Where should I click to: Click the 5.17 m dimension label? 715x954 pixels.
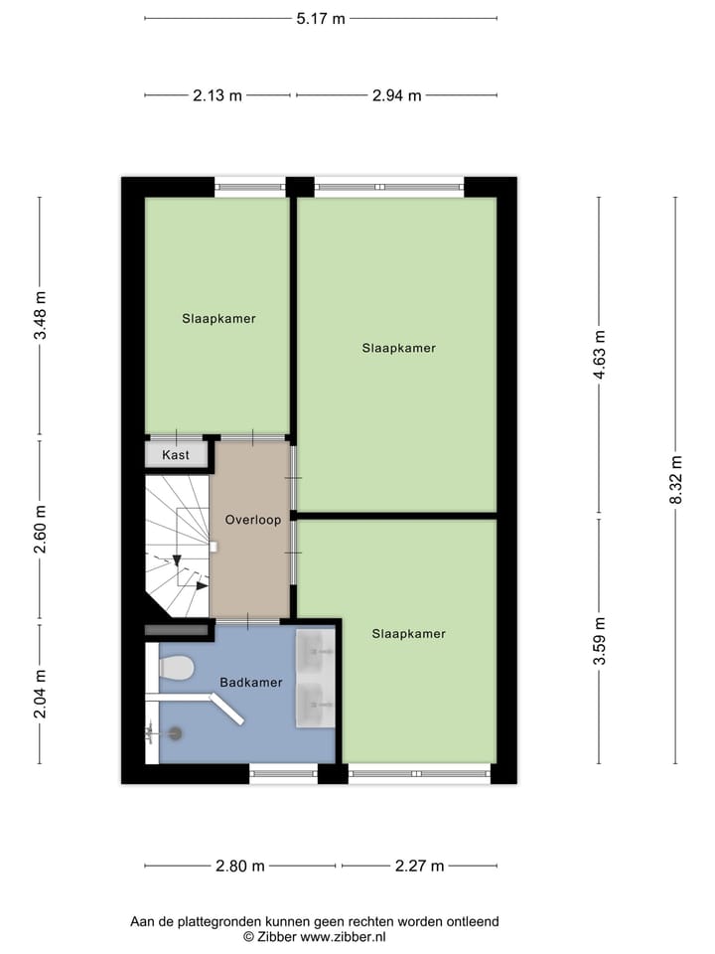321,18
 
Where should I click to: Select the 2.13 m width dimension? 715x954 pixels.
217,95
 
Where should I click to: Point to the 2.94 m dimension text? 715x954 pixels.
396,95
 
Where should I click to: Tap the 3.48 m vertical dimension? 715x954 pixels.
40,316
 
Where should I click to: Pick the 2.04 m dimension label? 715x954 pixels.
40,694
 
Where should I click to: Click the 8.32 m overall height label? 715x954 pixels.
676,480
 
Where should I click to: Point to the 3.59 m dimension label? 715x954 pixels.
598,642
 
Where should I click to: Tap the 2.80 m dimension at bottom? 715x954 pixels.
240,866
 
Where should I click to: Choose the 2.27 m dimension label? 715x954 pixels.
419,866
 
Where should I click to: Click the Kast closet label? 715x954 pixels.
176,455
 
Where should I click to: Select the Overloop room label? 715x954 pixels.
252,520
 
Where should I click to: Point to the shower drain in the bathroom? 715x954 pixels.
175,733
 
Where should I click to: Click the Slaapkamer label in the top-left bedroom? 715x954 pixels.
218,319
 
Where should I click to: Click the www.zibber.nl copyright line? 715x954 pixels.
315,936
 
